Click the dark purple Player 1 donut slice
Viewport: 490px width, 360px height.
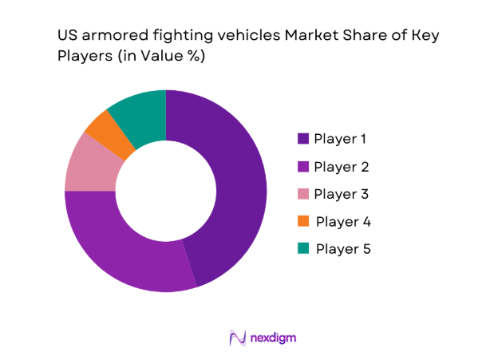tap(231, 184)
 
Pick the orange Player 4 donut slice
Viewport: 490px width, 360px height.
tap(109, 131)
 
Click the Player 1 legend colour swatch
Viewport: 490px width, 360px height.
tap(302, 139)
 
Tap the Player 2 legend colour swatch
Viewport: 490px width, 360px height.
tap(302, 167)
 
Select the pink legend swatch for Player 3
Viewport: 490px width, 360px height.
tap(302, 194)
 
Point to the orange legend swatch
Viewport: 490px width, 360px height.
tap(302, 221)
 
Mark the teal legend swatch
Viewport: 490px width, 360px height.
tap(302, 248)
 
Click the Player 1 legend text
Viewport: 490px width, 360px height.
tap(341, 139)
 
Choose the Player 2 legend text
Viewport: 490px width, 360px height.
tap(342, 167)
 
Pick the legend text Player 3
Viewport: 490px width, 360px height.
tap(342, 194)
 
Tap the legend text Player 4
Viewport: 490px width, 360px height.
tap(343, 221)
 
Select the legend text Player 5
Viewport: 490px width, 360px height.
tap(343, 248)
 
